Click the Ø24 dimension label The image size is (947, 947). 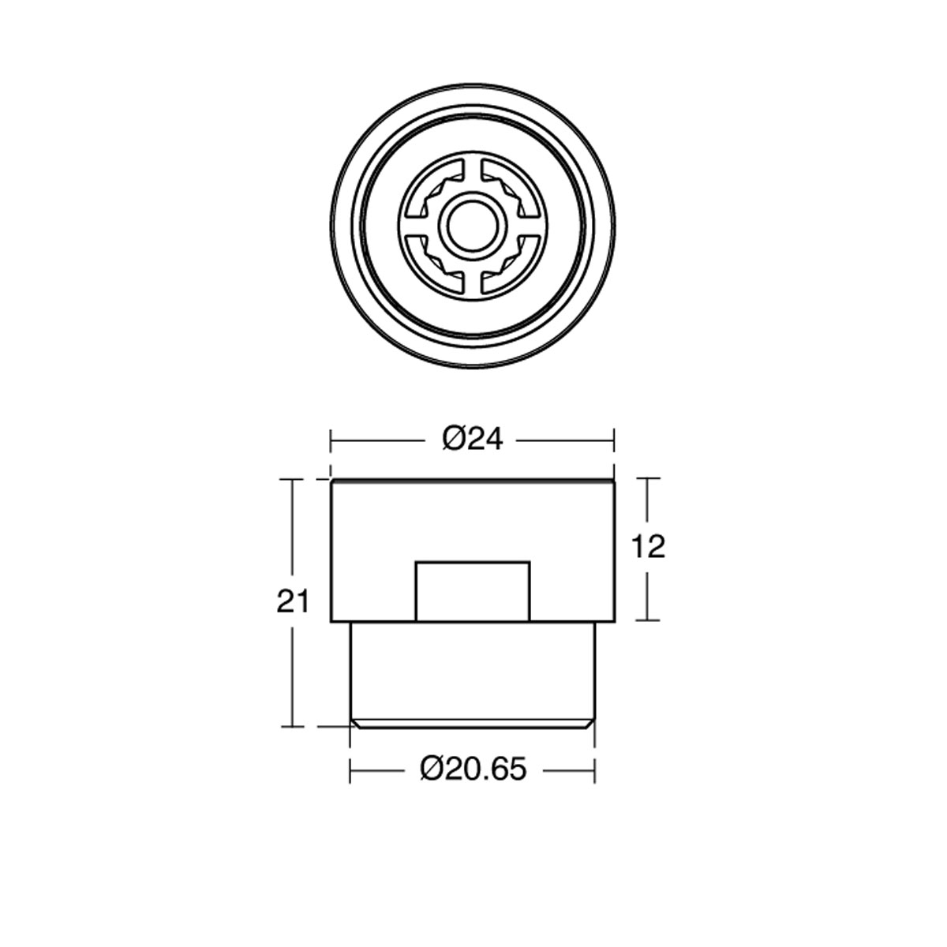473,439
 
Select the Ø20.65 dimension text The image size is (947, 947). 473,769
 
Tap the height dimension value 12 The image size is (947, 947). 649,547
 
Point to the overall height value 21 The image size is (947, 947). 292,602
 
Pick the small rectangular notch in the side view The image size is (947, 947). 472,590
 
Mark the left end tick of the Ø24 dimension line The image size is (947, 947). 331,440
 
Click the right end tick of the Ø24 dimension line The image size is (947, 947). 614,440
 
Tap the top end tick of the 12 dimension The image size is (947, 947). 648,478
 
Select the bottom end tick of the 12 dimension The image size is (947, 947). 648,620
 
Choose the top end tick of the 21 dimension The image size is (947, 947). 292,479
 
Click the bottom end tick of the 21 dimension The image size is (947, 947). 292,726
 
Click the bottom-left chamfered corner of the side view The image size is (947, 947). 354,722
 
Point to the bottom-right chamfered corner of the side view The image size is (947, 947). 590,722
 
